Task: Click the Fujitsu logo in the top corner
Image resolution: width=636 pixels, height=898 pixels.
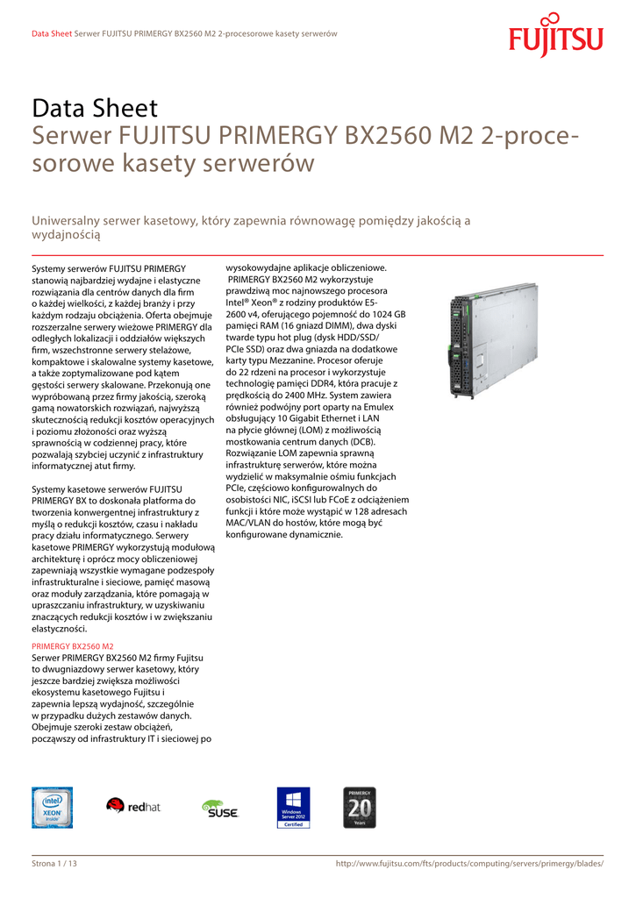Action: (x=555, y=36)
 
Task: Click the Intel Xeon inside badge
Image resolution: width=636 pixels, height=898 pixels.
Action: (x=52, y=807)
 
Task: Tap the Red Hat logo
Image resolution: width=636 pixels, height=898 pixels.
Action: (x=133, y=806)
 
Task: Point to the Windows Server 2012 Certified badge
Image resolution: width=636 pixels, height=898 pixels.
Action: (x=293, y=808)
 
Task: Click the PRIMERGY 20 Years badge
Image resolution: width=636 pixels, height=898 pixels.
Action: (x=360, y=807)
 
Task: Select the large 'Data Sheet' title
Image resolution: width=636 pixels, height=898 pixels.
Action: (x=95, y=109)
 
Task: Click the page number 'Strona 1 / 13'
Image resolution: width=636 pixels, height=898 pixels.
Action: (x=54, y=864)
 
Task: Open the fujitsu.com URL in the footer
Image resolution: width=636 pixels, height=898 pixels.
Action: (x=469, y=864)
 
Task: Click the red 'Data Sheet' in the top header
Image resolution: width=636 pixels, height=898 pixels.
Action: (x=51, y=33)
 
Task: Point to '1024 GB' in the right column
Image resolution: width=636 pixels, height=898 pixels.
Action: (x=388, y=313)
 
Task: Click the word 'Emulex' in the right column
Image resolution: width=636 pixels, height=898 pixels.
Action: (x=376, y=407)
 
